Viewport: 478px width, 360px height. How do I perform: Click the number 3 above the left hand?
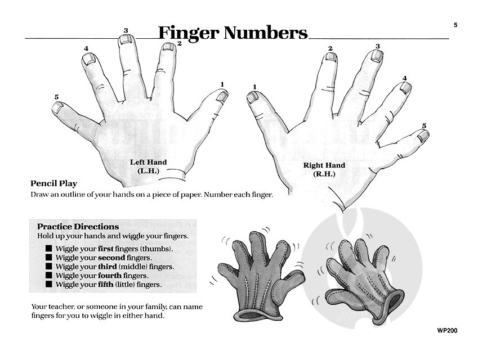point(126,30)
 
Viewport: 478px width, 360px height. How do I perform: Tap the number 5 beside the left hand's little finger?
point(56,97)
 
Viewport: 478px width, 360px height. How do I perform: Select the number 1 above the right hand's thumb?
point(255,87)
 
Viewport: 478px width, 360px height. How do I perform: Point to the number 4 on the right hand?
point(405,78)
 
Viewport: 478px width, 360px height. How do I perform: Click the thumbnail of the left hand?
point(222,97)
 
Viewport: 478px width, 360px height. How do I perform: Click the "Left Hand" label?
point(149,162)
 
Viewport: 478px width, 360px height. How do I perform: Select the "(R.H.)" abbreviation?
point(324,174)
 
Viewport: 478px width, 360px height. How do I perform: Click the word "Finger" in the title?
point(189,33)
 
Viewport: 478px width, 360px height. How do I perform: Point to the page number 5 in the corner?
point(455,25)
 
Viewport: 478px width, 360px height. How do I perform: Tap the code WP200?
point(447,331)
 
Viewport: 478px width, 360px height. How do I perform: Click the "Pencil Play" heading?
point(53,183)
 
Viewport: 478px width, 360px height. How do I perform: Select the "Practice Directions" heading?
point(78,227)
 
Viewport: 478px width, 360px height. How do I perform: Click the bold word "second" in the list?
point(111,258)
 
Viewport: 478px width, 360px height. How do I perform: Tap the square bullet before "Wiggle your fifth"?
point(49,284)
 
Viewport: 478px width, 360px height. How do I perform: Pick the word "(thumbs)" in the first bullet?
point(157,249)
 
